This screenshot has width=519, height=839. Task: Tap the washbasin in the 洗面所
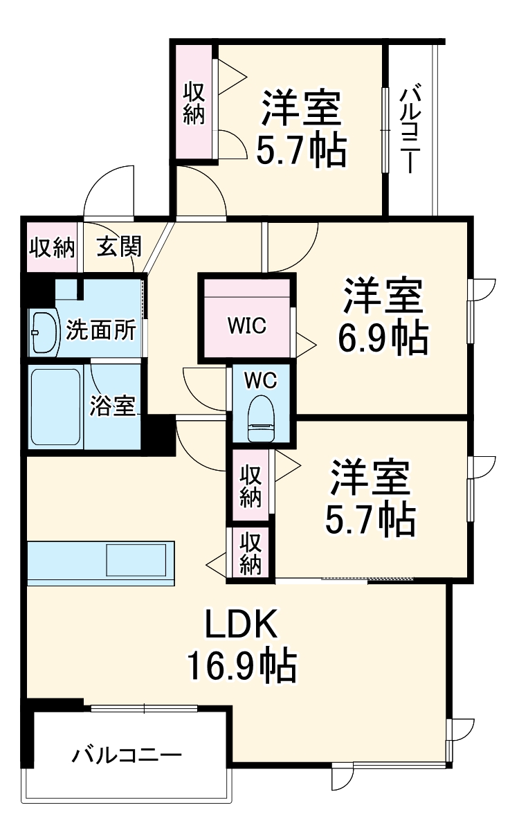click(x=44, y=332)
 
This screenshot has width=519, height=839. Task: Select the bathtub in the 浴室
click(x=55, y=406)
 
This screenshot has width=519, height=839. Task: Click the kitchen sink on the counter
click(x=136, y=560)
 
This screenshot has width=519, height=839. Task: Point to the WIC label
click(x=247, y=325)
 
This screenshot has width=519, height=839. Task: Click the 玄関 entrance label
click(x=119, y=247)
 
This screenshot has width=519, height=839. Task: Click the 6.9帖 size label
click(x=383, y=337)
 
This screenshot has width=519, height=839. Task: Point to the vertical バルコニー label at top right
click(x=410, y=130)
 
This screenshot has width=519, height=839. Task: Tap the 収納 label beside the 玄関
click(x=52, y=247)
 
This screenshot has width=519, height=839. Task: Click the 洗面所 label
click(x=101, y=330)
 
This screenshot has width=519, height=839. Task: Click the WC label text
click(x=261, y=381)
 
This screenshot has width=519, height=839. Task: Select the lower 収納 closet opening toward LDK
click(x=250, y=552)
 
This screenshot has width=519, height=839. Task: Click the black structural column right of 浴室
click(x=158, y=435)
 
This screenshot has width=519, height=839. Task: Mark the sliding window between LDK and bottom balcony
click(x=144, y=708)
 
